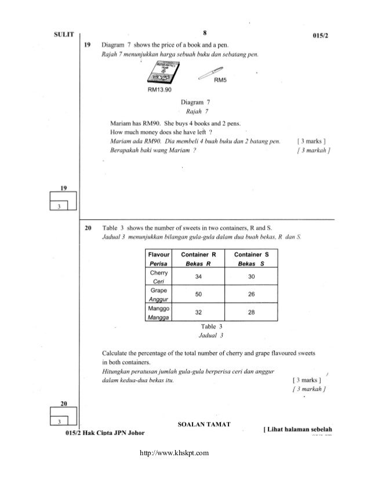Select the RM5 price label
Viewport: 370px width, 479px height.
(220, 81)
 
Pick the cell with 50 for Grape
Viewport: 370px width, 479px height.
(199, 294)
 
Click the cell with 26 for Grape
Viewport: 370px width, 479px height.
(251, 294)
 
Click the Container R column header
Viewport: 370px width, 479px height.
(199, 259)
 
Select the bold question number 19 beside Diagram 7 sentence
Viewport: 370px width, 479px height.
(88, 45)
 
